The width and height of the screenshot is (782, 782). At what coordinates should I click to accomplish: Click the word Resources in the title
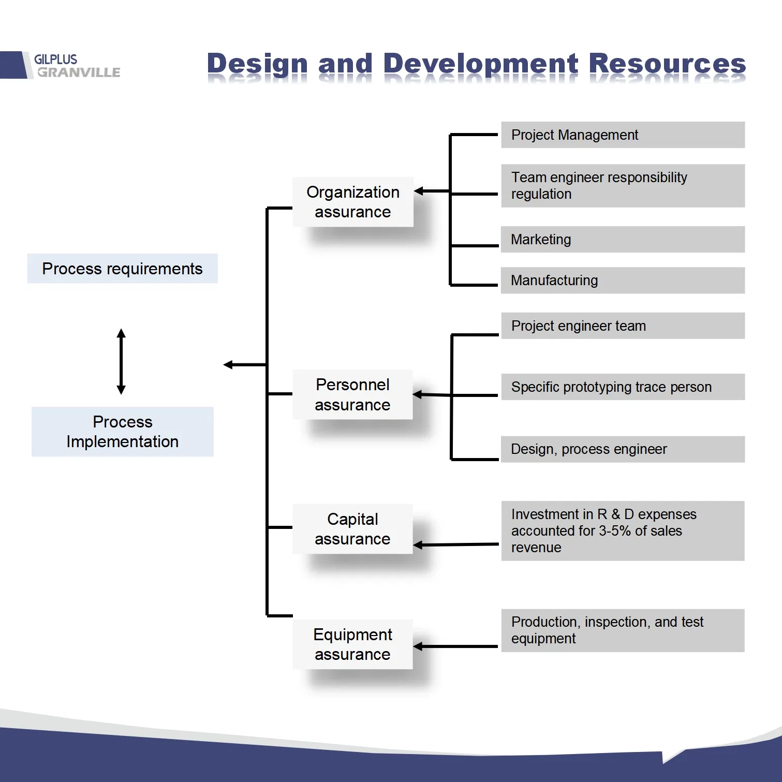(x=667, y=64)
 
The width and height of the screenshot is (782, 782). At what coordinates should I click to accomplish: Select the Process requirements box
(x=122, y=269)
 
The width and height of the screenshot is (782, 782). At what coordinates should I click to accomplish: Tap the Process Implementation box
(x=122, y=432)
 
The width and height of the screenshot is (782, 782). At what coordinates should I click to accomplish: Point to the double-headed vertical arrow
(x=121, y=361)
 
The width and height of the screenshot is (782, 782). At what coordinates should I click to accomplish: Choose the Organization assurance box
(x=352, y=202)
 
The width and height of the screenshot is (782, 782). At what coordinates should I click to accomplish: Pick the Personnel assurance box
(x=352, y=394)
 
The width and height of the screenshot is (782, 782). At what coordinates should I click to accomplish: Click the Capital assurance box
(x=352, y=529)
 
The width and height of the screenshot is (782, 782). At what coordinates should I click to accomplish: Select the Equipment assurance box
(x=352, y=644)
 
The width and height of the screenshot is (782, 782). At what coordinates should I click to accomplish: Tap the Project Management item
(x=623, y=135)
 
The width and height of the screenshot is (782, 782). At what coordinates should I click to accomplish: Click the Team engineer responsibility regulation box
(x=623, y=186)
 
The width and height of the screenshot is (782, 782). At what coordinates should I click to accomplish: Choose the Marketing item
(x=623, y=240)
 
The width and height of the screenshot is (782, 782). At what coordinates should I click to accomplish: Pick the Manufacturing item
(x=623, y=281)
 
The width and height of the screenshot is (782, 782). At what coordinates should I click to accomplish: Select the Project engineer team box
(x=623, y=326)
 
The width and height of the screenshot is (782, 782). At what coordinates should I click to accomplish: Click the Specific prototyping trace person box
(x=623, y=387)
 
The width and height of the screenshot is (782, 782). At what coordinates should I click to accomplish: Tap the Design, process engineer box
(x=623, y=449)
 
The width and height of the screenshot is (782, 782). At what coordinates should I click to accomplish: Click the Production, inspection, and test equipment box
(x=623, y=630)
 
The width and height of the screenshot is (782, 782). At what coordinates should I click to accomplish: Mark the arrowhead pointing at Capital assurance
(x=419, y=545)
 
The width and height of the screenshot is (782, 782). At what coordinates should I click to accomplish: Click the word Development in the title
(x=481, y=64)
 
